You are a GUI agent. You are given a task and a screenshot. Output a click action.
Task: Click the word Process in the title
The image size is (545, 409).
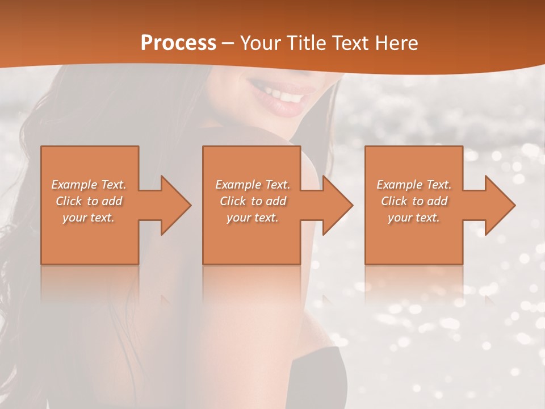(x=178, y=43)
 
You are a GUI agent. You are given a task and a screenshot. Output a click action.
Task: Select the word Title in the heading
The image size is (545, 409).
(x=310, y=43)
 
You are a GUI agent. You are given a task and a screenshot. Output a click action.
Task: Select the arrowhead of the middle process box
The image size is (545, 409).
(x=337, y=205)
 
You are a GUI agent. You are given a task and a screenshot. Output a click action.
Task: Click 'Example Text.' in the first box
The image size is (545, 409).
(x=89, y=185)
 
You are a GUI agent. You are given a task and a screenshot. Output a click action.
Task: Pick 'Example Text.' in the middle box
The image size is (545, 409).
(x=253, y=185)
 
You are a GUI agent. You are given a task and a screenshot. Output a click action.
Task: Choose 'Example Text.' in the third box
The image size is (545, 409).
(x=414, y=185)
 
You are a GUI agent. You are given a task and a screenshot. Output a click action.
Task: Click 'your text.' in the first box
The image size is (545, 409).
(x=89, y=218)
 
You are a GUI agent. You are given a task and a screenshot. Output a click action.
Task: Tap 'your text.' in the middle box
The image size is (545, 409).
(x=253, y=218)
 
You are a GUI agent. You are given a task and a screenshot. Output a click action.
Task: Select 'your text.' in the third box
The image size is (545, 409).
(x=414, y=218)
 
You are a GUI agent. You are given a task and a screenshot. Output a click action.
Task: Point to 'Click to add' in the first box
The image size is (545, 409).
(x=89, y=201)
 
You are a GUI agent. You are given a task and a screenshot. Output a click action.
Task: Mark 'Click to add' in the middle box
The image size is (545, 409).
(x=253, y=201)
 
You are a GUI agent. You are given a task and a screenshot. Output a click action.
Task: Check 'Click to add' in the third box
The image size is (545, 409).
(x=414, y=201)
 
